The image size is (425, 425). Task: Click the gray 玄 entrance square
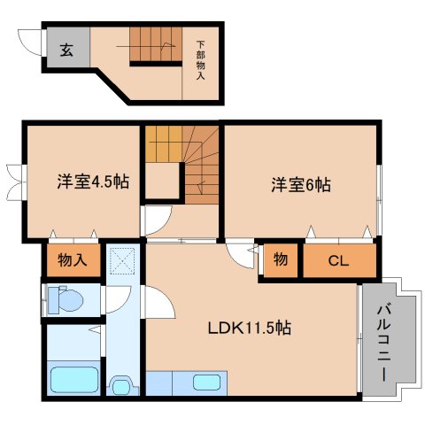(67, 50)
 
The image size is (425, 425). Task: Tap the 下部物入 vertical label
(200, 59)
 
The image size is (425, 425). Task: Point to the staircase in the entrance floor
(155, 44)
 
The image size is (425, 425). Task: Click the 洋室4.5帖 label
(93, 182)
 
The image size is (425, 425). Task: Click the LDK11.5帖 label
(250, 328)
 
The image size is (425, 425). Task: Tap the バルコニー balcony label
(382, 341)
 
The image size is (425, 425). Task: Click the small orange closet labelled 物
(281, 260)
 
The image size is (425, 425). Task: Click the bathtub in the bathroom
(75, 380)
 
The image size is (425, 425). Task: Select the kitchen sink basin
(207, 382)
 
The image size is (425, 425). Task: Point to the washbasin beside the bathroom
(121, 385)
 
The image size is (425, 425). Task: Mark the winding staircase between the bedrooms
(183, 165)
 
